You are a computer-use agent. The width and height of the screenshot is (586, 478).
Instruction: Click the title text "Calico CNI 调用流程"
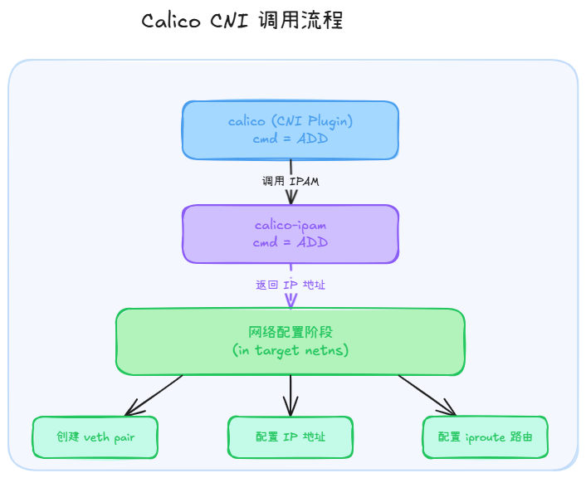point(242,22)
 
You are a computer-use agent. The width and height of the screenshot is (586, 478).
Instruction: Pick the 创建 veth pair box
point(95,437)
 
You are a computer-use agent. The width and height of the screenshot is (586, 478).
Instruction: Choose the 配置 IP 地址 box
point(291,437)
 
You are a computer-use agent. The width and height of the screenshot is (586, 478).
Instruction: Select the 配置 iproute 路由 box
point(486,437)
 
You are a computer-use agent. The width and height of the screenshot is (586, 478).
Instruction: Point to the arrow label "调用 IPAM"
point(291,181)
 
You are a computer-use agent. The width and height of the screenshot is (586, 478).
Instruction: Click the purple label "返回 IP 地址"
point(291,285)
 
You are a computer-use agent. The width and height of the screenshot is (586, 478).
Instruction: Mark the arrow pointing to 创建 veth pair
point(154,395)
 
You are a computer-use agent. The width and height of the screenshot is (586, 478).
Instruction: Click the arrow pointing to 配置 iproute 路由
point(427,395)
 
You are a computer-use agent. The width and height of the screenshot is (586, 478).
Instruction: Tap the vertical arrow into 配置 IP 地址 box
point(291,395)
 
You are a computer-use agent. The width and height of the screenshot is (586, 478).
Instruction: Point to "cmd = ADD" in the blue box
point(291,139)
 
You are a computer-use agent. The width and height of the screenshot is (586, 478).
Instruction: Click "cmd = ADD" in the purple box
point(291,242)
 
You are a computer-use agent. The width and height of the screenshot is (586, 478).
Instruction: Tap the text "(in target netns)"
point(291,350)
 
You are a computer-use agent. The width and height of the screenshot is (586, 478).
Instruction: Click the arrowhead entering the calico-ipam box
point(291,198)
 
